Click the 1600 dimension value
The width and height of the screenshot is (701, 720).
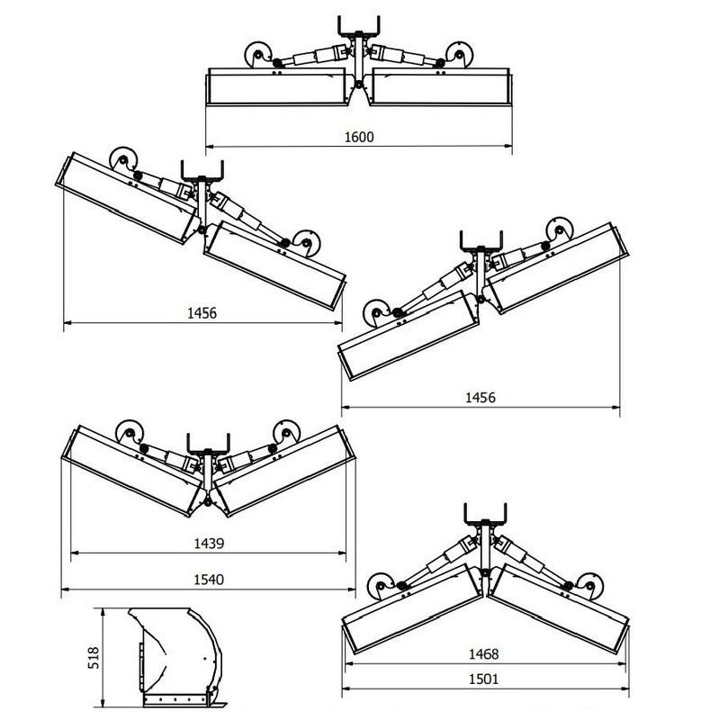[x=358, y=138]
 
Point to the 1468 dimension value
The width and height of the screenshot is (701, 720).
[x=483, y=654]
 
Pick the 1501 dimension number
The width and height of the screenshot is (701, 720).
[x=483, y=679]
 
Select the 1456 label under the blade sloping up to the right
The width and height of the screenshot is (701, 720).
[x=480, y=397]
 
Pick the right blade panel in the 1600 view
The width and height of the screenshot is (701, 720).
[x=440, y=89]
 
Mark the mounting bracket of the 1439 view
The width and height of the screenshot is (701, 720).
[x=208, y=444]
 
